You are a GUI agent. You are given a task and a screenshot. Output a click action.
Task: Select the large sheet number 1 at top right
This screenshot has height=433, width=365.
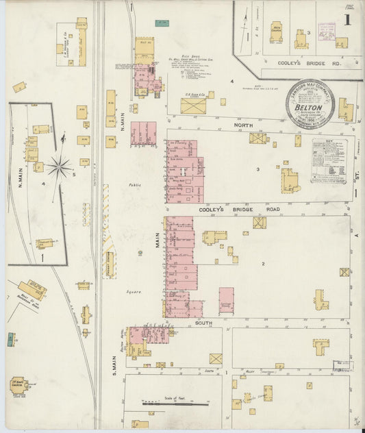point(348,21)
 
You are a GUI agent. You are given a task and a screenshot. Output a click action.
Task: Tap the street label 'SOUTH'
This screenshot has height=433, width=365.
point(203,322)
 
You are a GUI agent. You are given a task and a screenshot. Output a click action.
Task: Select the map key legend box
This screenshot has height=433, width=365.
point(329,160)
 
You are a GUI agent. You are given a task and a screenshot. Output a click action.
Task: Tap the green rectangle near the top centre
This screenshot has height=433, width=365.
point(162,23)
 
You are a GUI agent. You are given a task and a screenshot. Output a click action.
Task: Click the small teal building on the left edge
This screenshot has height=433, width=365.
point(11,338)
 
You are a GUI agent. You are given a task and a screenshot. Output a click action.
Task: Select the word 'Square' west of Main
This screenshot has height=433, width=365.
point(134,291)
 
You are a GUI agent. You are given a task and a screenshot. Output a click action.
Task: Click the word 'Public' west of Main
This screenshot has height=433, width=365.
point(134,185)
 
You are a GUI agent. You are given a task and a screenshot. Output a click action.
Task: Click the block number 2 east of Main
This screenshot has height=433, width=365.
point(262,264)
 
